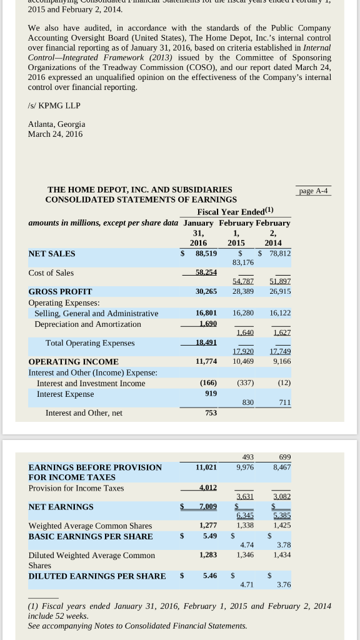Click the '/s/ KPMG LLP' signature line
point(54,105)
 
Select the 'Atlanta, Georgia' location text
point(57,124)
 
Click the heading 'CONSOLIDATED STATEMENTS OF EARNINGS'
point(141,199)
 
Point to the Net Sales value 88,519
point(206,253)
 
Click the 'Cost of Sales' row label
point(51,272)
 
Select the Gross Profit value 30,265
point(206,291)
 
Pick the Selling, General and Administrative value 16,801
point(206,312)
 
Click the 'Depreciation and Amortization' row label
point(87,324)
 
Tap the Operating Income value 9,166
point(282,361)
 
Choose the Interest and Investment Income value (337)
point(244,382)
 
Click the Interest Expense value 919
point(211,393)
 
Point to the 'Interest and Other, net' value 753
point(211,412)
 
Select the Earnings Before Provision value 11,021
point(206,467)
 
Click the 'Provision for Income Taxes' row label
point(76,487)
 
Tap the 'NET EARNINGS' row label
point(61,507)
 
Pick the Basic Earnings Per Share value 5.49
point(209,536)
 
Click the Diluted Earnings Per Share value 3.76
point(284,584)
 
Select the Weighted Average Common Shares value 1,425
point(282,526)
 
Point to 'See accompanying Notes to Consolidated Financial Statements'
point(137,626)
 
